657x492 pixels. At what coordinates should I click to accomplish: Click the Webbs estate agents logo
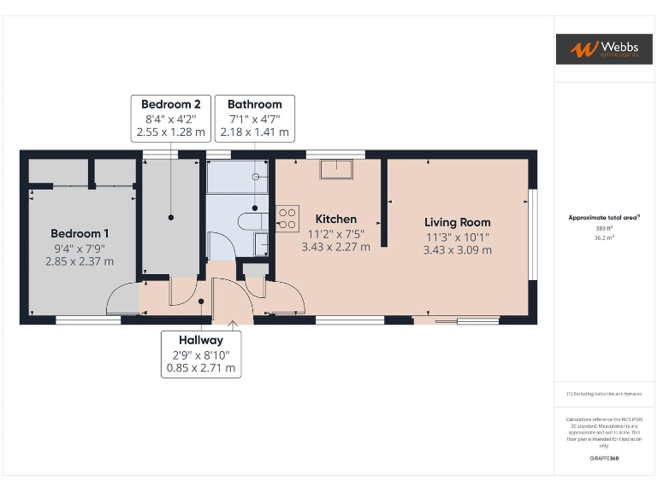pyautogui.click(x=604, y=49)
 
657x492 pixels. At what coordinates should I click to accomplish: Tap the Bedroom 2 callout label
pyautogui.click(x=171, y=104)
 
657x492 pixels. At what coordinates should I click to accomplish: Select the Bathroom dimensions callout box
pyautogui.click(x=254, y=119)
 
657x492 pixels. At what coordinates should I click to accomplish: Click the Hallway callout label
pyautogui.click(x=200, y=340)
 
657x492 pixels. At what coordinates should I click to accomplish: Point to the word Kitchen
pyautogui.click(x=335, y=220)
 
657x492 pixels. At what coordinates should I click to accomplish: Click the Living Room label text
pyautogui.click(x=457, y=222)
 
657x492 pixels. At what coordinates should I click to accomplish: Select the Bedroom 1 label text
pyautogui.click(x=79, y=233)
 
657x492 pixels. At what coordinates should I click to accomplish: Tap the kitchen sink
pyautogui.click(x=338, y=168)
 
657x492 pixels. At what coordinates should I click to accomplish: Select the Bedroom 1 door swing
pyautogui.click(x=120, y=299)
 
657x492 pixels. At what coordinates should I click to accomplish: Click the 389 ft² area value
pyautogui.click(x=604, y=228)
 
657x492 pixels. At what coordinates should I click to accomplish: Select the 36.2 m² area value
pyautogui.click(x=604, y=237)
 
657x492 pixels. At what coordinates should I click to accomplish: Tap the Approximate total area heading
pyautogui.click(x=604, y=218)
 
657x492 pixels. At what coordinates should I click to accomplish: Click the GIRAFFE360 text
pyautogui.click(x=604, y=459)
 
